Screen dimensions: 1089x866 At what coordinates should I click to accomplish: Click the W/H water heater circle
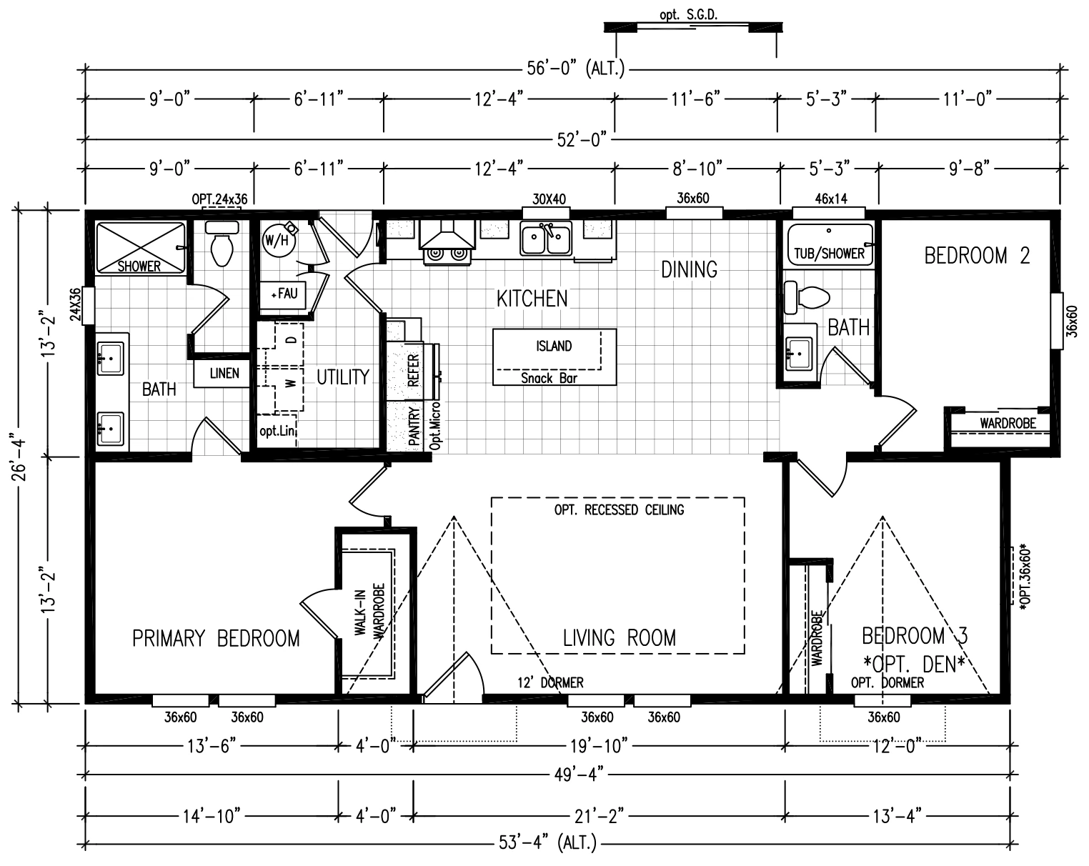coord(277,240)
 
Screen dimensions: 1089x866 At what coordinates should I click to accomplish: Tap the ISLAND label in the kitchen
coord(554,347)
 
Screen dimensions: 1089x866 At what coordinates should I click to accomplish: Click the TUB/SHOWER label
coord(829,253)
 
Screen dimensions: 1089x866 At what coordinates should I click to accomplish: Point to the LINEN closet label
coord(224,374)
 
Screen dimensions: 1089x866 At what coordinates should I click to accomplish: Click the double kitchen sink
coord(546,238)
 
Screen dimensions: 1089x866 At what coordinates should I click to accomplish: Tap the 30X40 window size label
coord(549,199)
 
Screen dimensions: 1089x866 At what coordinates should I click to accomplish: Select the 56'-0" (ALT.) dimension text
coord(575,69)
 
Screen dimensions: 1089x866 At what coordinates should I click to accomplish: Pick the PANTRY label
coord(414,426)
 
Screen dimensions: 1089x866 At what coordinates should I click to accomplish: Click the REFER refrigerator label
coord(414,371)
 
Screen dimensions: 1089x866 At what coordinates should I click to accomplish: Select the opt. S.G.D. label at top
coord(688,15)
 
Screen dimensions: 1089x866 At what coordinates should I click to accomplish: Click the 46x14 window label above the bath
coord(831,199)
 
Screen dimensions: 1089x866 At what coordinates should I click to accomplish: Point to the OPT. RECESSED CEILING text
coord(619,509)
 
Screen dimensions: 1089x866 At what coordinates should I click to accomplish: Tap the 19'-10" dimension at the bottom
coord(599,745)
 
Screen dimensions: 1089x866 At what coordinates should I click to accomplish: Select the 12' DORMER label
coord(550,683)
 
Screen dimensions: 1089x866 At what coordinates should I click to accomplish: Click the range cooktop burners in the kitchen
coord(447,254)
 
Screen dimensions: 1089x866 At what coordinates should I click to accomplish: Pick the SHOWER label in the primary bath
coord(139,267)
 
